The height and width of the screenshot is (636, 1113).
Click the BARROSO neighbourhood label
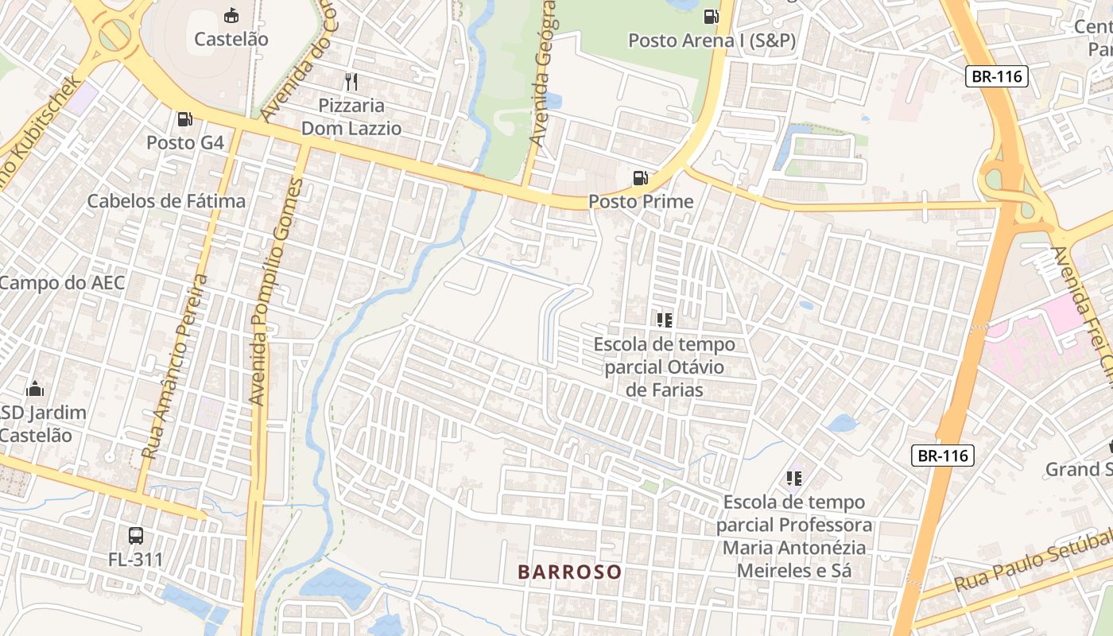(569, 572)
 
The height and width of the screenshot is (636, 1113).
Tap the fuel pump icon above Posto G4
(184, 119)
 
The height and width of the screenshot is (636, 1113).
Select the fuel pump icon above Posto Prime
(640, 178)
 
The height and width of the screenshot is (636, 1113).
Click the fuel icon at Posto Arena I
(711, 16)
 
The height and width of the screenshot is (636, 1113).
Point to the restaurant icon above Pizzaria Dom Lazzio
(351, 81)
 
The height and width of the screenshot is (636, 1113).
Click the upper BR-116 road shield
(998, 77)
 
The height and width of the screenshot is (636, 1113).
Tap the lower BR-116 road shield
(942, 456)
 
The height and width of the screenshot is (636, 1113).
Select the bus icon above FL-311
(136, 535)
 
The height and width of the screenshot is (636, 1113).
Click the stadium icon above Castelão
(231, 15)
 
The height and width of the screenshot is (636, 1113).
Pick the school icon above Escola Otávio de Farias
(665, 320)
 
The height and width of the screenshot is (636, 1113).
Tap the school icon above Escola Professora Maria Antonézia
(793, 478)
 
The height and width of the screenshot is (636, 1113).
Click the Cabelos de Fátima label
(166, 201)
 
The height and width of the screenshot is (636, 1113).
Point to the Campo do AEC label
(62, 283)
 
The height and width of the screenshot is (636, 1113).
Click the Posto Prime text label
(641, 202)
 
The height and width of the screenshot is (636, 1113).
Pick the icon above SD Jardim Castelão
(35, 390)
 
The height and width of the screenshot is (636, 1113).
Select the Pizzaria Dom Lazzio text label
(351, 116)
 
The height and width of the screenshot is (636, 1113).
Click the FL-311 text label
(136, 560)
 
